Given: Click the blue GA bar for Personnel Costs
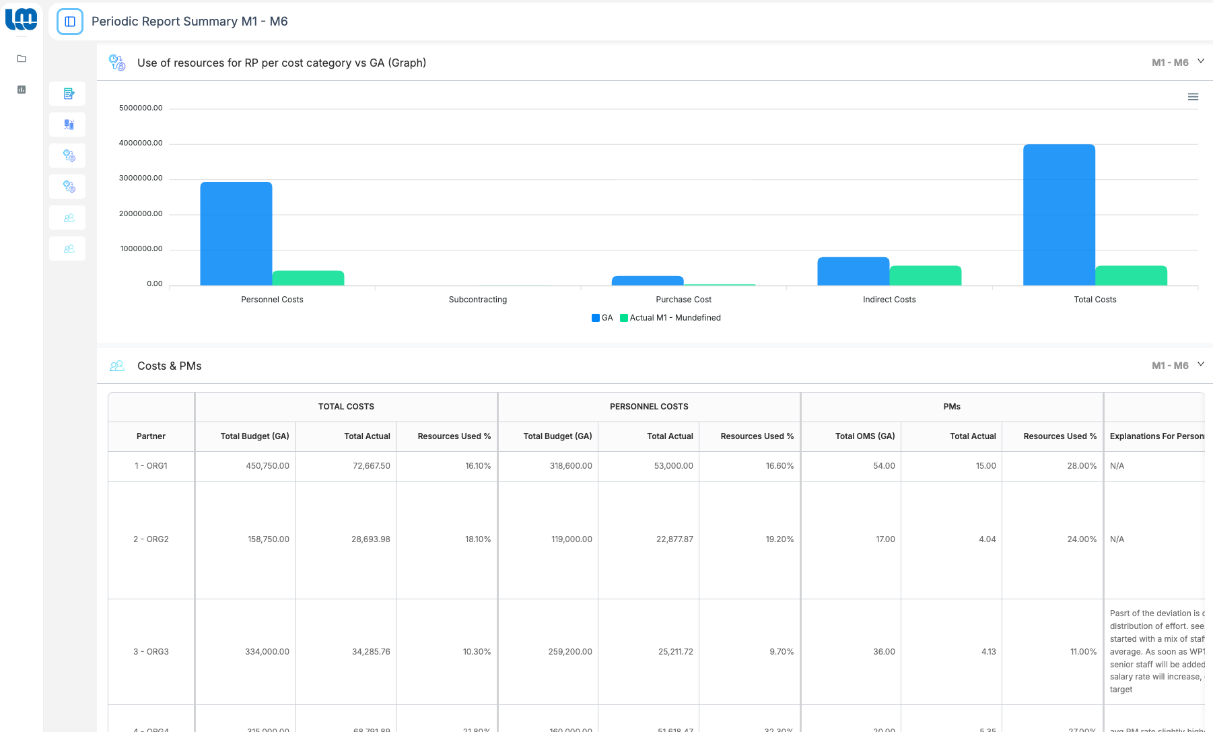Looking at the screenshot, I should [236, 234].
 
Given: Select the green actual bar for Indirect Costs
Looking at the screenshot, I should [925, 275].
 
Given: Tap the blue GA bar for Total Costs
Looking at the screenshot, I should [1059, 215].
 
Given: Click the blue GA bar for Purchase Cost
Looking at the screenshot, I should [647, 281].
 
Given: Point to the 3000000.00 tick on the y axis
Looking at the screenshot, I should [141, 178].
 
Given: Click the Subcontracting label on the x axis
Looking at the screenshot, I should [477, 300].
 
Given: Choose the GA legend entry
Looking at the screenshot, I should [602, 318].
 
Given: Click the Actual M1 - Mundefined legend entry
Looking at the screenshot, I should [670, 318].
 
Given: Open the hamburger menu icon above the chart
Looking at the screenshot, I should [1193, 97].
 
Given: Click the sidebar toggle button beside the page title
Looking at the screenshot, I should [70, 22].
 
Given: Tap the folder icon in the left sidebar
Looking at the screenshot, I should [22, 59].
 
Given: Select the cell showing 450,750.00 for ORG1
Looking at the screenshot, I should [267, 466].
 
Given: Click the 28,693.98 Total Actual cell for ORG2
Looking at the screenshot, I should [370, 539].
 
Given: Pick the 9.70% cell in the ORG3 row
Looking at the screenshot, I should [781, 652].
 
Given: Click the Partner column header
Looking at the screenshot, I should [151, 436].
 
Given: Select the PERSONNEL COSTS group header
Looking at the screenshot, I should [649, 407].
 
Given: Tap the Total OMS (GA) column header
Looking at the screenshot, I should [864, 436].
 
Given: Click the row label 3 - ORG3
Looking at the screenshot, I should [151, 652].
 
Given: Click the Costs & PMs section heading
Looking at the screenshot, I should [169, 366].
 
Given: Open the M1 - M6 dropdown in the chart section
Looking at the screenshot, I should [1177, 63].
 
